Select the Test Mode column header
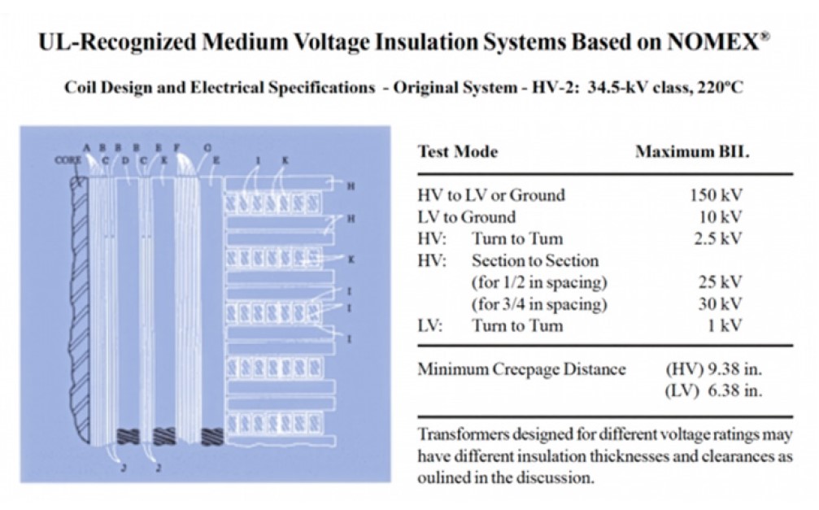(x=458, y=152)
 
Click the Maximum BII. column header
(x=692, y=152)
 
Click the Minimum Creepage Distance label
(x=521, y=370)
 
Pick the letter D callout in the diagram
(x=126, y=161)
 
